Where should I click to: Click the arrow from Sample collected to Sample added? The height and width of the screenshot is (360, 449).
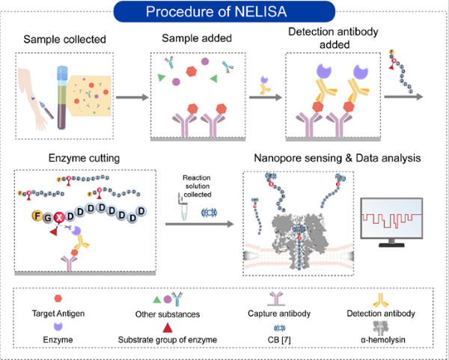click(x=132, y=97)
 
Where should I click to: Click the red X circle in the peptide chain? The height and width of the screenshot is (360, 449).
click(x=58, y=220)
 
